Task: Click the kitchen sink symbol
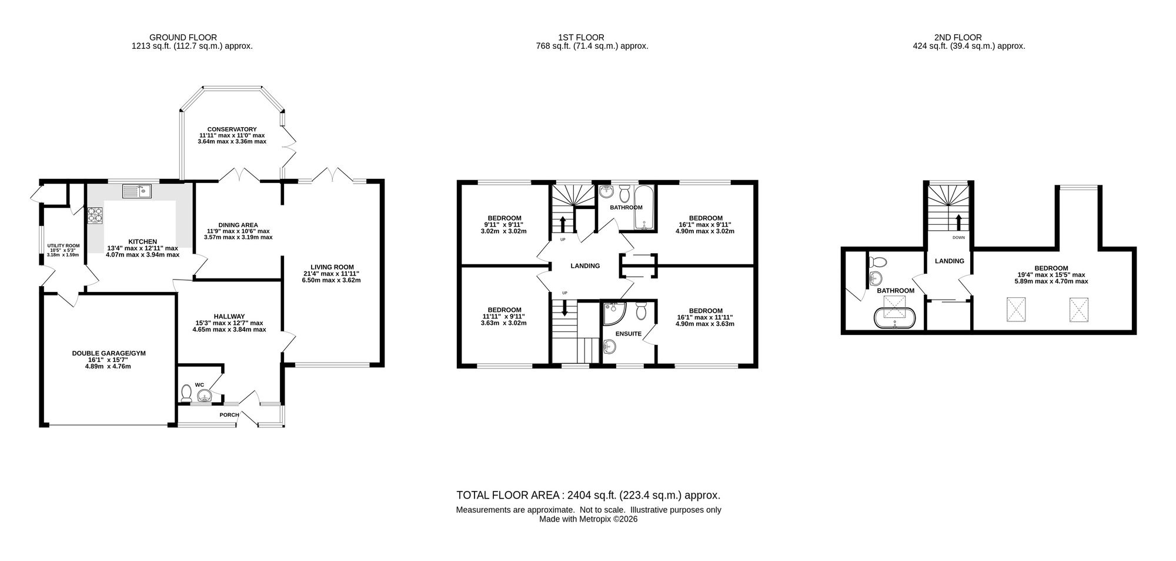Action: point(137,191)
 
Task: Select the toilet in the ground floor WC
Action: point(186,393)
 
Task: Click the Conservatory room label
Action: point(232,130)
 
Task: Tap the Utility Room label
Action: point(64,246)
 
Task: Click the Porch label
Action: point(229,415)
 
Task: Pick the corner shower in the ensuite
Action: point(613,313)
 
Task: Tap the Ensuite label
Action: point(629,334)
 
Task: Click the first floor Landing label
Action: point(585,266)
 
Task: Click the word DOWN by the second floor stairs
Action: point(958,238)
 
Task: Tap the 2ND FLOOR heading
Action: point(969,38)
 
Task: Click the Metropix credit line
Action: point(589,519)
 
